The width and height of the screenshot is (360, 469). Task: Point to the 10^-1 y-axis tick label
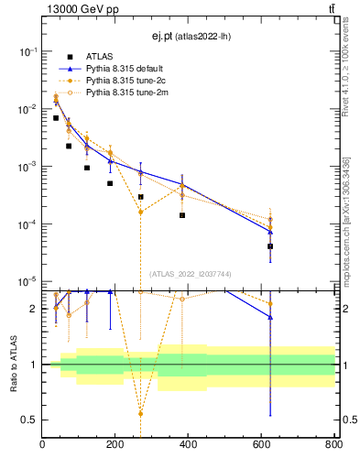click(x=27, y=51)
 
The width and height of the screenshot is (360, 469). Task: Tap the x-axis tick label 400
click(x=189, y=446)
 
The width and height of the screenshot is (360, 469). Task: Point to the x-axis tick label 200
click(x=115, y=446)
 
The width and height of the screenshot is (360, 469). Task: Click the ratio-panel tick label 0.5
click(x=31, y=420)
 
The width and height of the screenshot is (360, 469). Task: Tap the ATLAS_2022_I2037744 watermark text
click(x=189, y=274)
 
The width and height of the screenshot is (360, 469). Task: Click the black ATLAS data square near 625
click(x=270, y=246)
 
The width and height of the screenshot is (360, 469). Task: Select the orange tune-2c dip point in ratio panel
click(x=140, y=413)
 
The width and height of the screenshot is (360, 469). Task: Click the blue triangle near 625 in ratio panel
click(x=270, y=317)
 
